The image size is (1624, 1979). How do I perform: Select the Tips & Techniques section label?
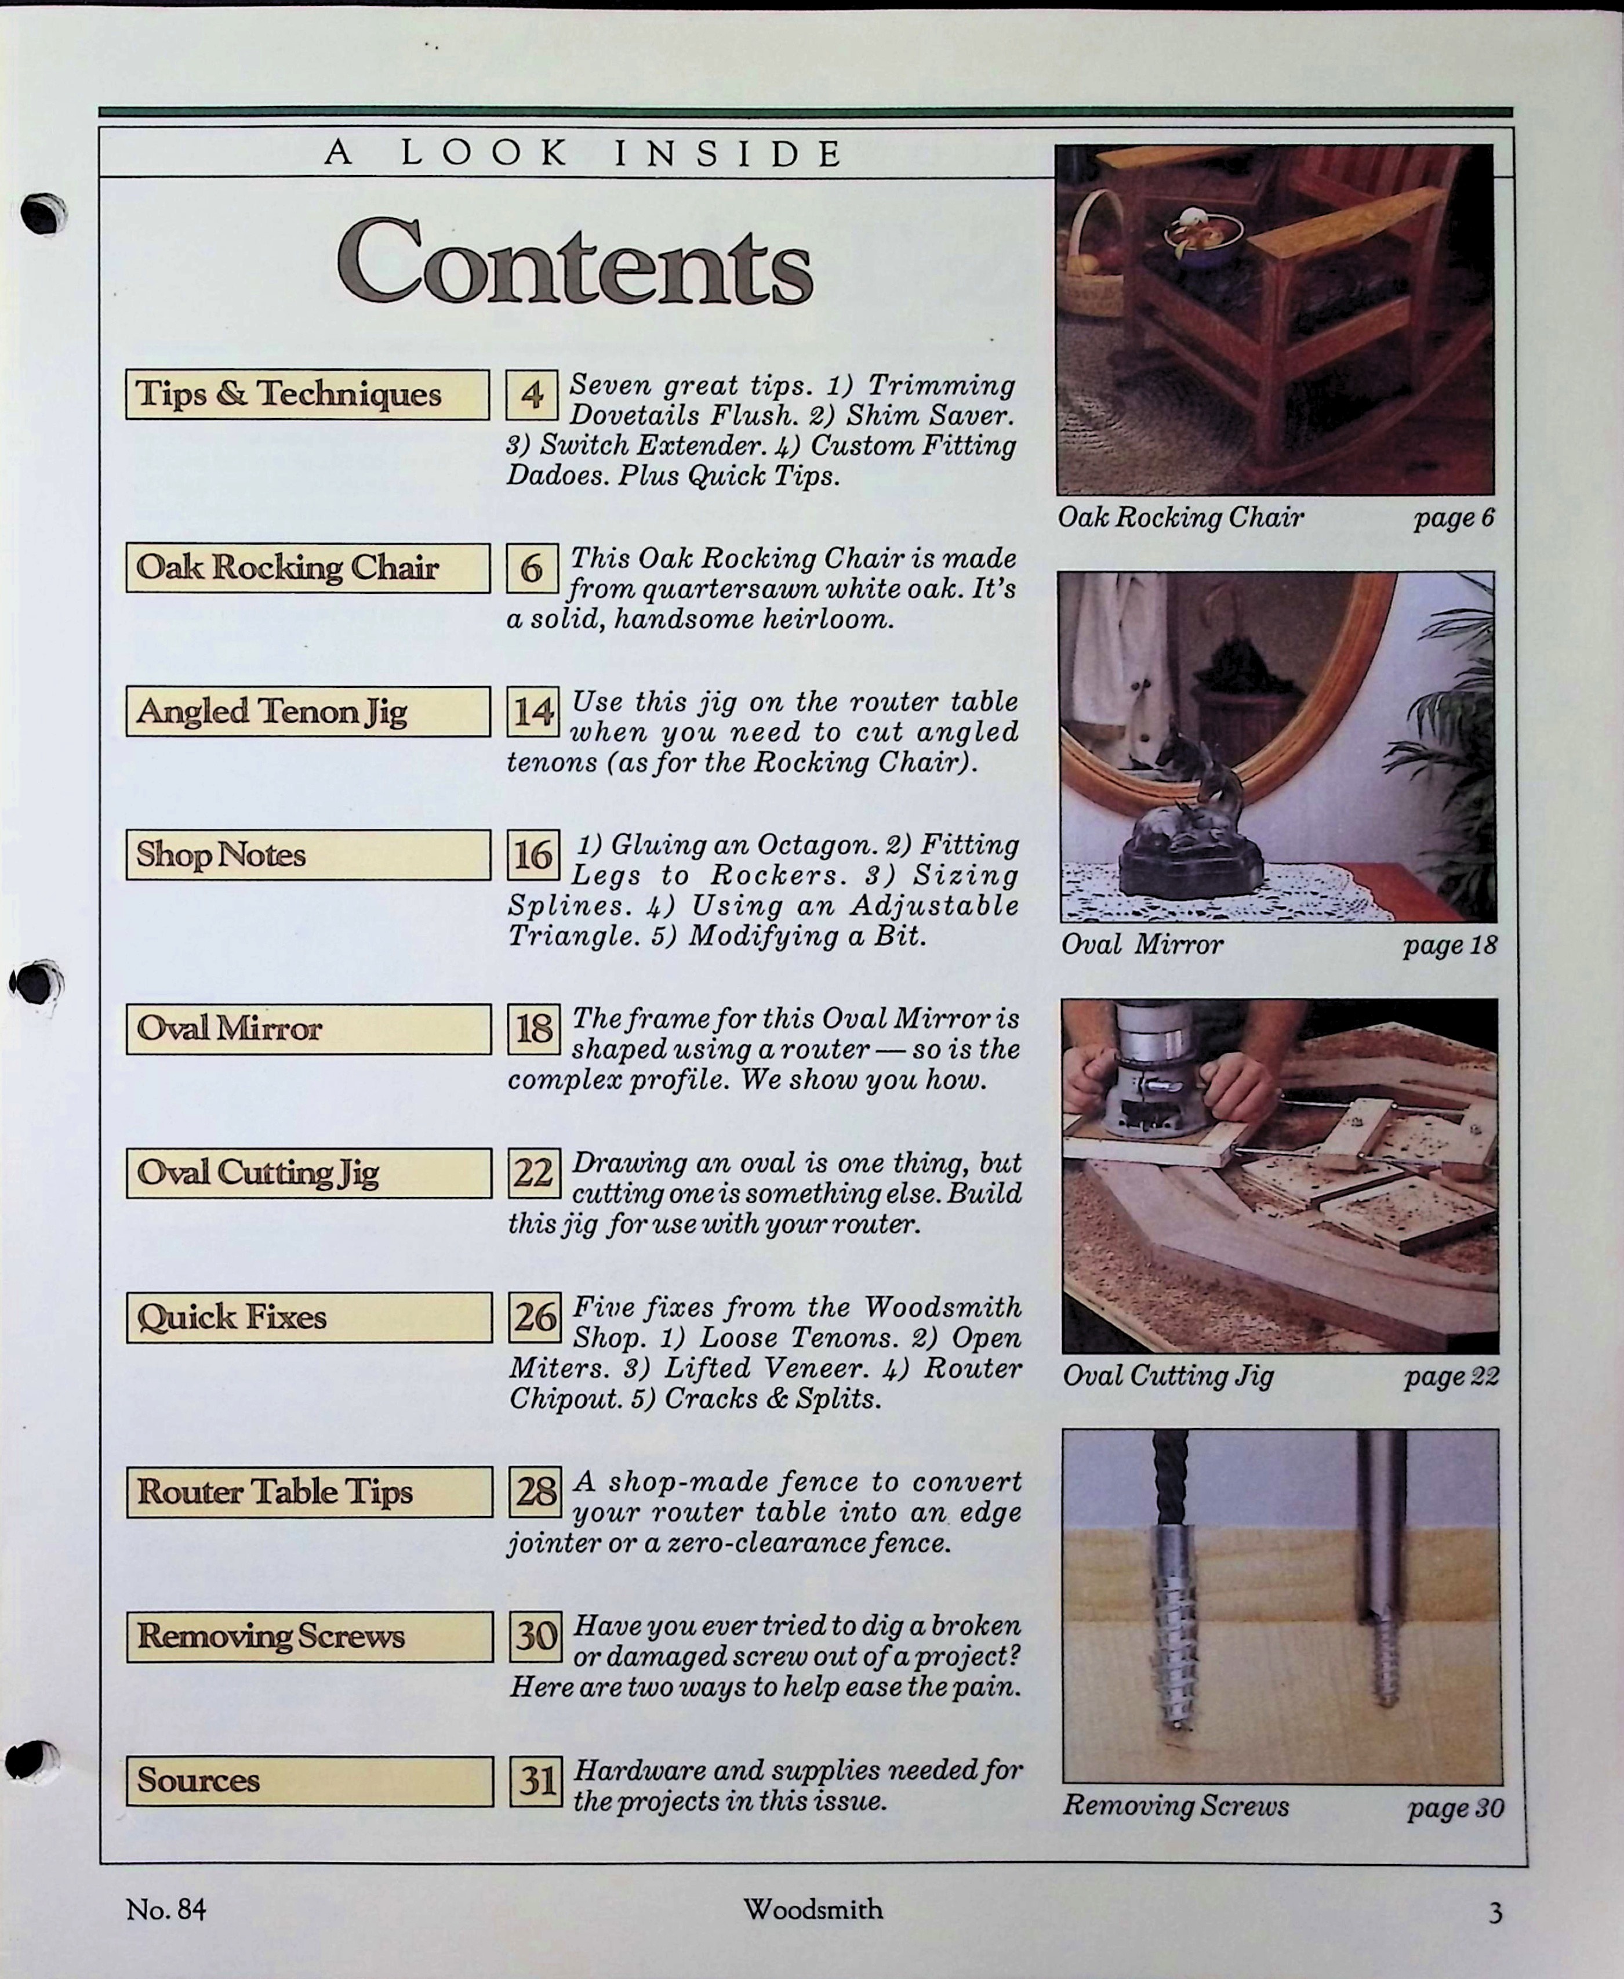[307, 394]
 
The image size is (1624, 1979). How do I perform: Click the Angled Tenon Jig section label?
[308, 711]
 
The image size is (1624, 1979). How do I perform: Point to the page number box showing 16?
[533, 854]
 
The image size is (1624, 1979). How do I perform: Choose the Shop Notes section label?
[308, 854]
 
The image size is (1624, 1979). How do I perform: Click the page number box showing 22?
[534, 1172]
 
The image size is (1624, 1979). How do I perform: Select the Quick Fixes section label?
[308, 1317]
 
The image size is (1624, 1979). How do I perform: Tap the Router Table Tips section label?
[308, 1492]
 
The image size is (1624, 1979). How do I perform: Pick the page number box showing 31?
[536, 1781]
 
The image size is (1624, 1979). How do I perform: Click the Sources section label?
[310, 1781]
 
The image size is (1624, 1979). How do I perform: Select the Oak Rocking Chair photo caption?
[1180, 517]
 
